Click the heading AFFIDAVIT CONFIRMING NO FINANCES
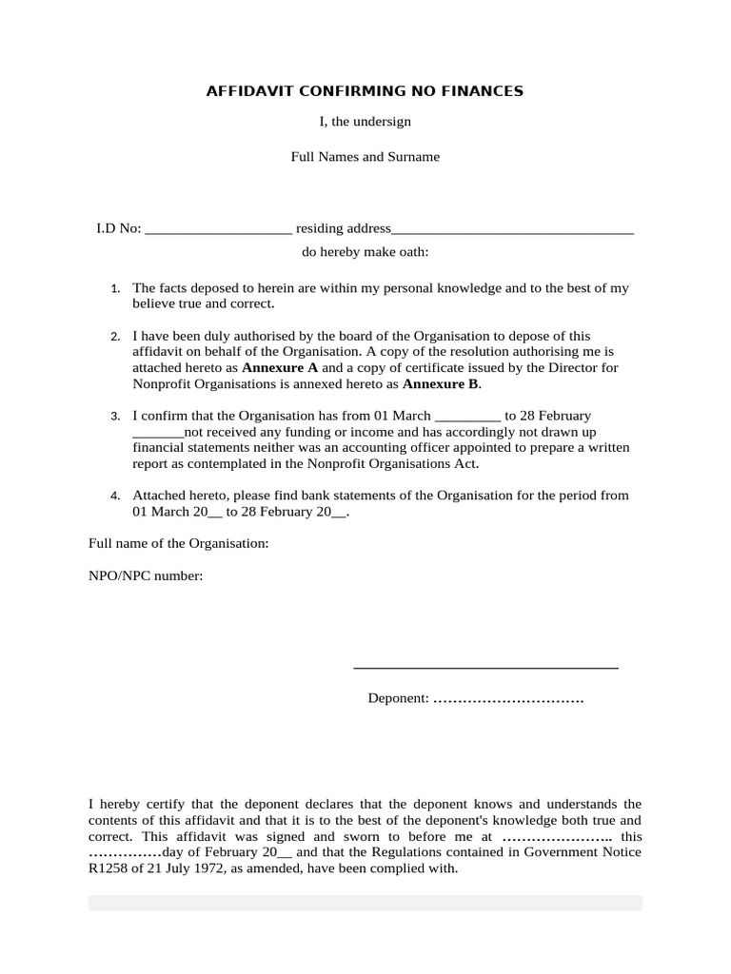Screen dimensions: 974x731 (x=365, y=91)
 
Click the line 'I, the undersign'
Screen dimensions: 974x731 (x=365, y=122)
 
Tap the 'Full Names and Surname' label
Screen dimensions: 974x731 (x=365, y=156)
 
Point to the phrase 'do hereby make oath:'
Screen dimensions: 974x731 (x=365, y=252)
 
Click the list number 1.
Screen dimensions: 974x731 (x=115, y=288)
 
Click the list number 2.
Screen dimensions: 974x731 (x=115, y=337)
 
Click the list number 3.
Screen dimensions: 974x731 (x=115, y=417)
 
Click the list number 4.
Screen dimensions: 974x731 (x=115, y=497)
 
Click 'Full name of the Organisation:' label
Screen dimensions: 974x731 (x=179, y=543)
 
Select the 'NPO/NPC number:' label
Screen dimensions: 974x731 (x=146, y=576)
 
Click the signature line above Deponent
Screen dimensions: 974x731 (x=485, y=668)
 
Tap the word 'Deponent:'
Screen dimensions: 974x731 (x=399, y=699)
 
